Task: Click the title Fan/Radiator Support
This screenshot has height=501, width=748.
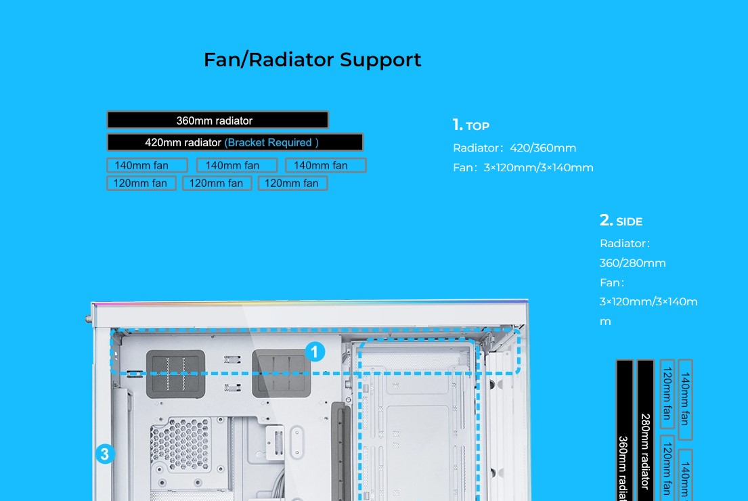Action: pyautogui.click(x=313, y=60)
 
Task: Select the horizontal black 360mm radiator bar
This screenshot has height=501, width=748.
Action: pyautogui.click(x=217, y=121)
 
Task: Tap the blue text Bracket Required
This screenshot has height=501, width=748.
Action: pyautogui.click(x=271, y=142)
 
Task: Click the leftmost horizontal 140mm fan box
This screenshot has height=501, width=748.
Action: pyautogui.click(x=147, y=165)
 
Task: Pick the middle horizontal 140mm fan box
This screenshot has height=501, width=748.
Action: pyautogui.click(x=237, y=165)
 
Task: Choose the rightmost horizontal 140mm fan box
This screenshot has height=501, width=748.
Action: pyautogui.click(x=326, y=165)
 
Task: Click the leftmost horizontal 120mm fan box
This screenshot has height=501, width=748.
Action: pyautogui.click(x=141, y=183)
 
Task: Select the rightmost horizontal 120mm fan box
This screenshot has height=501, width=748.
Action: pyautogui.click(x=293, y=183)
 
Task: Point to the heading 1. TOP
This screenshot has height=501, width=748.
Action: pyautogui.click(x=471, y=125)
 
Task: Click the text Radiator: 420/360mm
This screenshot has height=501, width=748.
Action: pyautogui.click(x=514, y=148)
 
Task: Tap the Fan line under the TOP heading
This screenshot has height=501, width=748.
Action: pyautogui.click(x=523, y=167)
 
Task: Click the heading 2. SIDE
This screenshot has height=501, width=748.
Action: pyautogui.click(x=621, y=221)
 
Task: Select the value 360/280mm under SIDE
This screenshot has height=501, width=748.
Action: pyautogui.click(x=632, y=263)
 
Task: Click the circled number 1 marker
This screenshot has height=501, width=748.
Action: pyautogui.click(x=315, y=352)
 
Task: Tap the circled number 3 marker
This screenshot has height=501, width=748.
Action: pyautogui.click(x=105, y=454)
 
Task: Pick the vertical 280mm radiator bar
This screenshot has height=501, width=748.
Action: pyautogui.click(x=645, y=430)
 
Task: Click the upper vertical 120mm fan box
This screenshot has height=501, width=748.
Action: pyautogui.click(x=667, y=394)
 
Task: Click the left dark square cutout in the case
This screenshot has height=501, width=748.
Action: pyautogui.click(x=175, y=374)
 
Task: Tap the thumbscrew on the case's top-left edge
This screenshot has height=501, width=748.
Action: pyautogui.click(x=89, y=319)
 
